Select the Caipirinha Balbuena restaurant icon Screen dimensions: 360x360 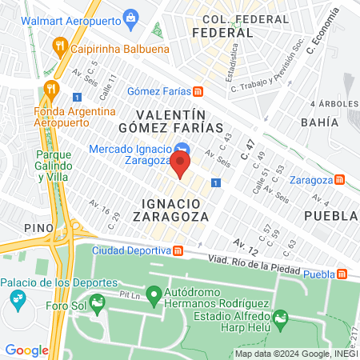(58, 46)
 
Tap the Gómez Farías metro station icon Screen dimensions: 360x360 (198, 90)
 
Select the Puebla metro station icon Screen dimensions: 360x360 (342, 274)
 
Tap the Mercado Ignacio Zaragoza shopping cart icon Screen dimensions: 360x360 (182, 150)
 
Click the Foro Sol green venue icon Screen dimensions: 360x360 (97, 302)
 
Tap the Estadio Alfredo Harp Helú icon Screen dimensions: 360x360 (280, 322)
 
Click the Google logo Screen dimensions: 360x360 (26, 350)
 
